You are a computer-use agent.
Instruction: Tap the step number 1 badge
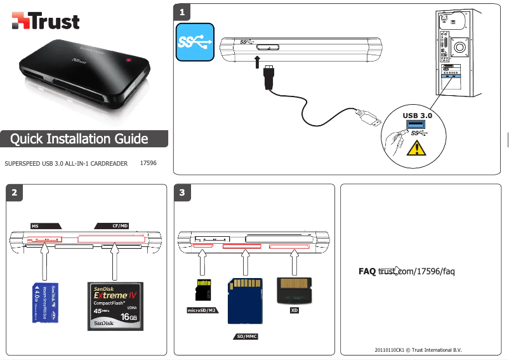coord(183,12)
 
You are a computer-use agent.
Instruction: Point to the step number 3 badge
coord(183,192)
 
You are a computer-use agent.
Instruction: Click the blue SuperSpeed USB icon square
coord(195,43)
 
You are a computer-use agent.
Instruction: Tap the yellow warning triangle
coord(416,149)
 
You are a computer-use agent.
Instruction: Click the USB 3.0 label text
coord(417,116)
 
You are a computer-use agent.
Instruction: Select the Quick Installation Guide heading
coord(79,139)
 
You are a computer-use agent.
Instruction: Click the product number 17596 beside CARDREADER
coord(148,163)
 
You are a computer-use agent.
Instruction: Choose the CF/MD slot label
coord(119,225)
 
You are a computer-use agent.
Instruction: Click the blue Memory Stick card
coord(45,303)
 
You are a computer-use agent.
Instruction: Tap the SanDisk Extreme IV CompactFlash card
coord(116,306)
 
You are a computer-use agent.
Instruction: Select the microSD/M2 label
coord(202,311)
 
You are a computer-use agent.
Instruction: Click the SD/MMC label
coord(245,335)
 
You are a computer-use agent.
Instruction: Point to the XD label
coord(294,311)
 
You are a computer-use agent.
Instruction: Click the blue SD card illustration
coord(246,299)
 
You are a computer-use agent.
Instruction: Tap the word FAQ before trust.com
coord(367,272)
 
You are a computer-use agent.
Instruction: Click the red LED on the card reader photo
coord(130,61)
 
